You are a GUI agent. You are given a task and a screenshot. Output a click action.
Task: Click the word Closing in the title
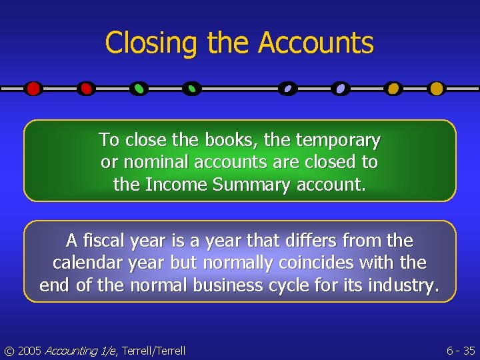pos(151,43)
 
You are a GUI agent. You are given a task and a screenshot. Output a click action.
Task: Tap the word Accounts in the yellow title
pos(316,43)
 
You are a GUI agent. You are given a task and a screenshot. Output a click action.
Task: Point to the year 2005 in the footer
pos(29,351)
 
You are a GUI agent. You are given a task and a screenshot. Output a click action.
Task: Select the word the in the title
pos(229,43)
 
